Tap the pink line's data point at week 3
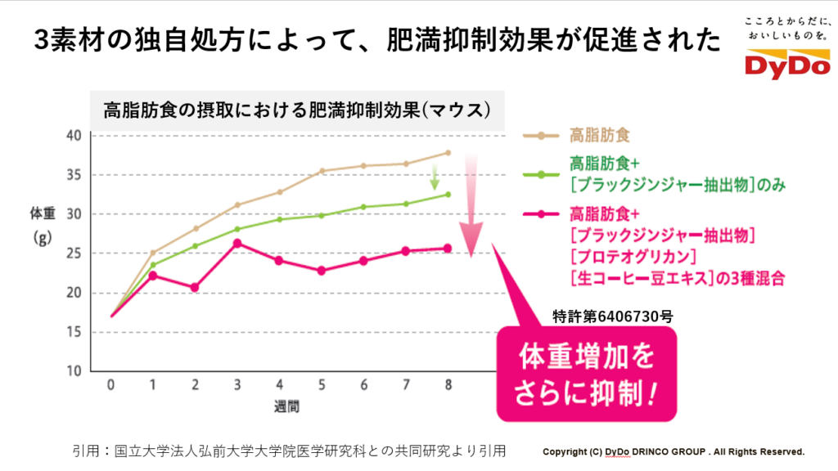point(237,243)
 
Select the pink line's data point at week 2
point(196,287)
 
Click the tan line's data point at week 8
point(448,153)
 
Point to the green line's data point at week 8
point(448,195)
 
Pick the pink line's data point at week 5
point(322,270)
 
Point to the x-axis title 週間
point(279,405)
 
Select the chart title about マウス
point(296,110)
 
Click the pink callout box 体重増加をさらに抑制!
point(586,375)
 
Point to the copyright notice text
point(674,451)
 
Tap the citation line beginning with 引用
point(289,450)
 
